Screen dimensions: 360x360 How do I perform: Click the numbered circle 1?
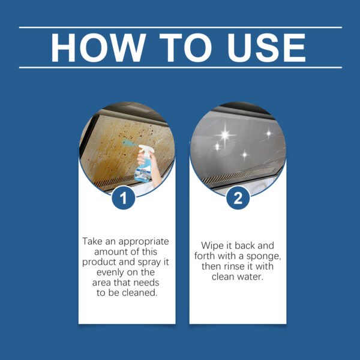124,199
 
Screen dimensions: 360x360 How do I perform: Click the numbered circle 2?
238,199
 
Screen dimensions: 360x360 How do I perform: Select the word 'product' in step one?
100,262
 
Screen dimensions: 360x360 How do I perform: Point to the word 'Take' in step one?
92,241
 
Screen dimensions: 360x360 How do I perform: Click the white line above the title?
180,27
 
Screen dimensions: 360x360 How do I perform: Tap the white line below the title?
180,67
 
